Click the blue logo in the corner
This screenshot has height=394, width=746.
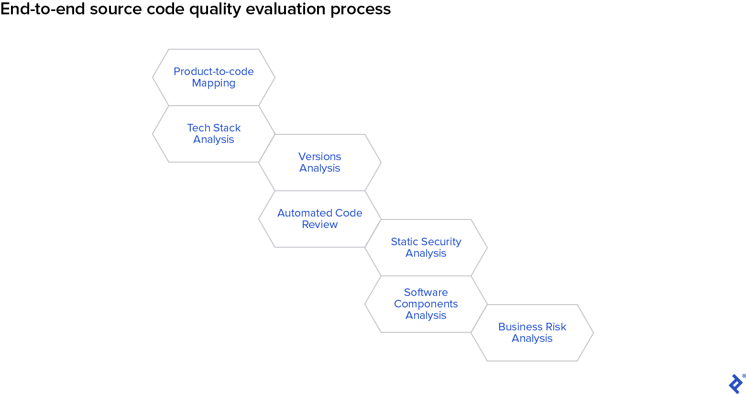tap(736, 383)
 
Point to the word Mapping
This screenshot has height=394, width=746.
tap(214, 83)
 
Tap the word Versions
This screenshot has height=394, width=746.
tap(320, 157)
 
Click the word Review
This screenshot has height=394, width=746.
tap(320, 225)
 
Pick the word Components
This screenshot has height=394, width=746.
tap(426, 304)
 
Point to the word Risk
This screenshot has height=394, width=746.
tap(556, 327)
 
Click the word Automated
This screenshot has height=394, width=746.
tap(299, 213)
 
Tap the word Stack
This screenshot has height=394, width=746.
tap(227, 128)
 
